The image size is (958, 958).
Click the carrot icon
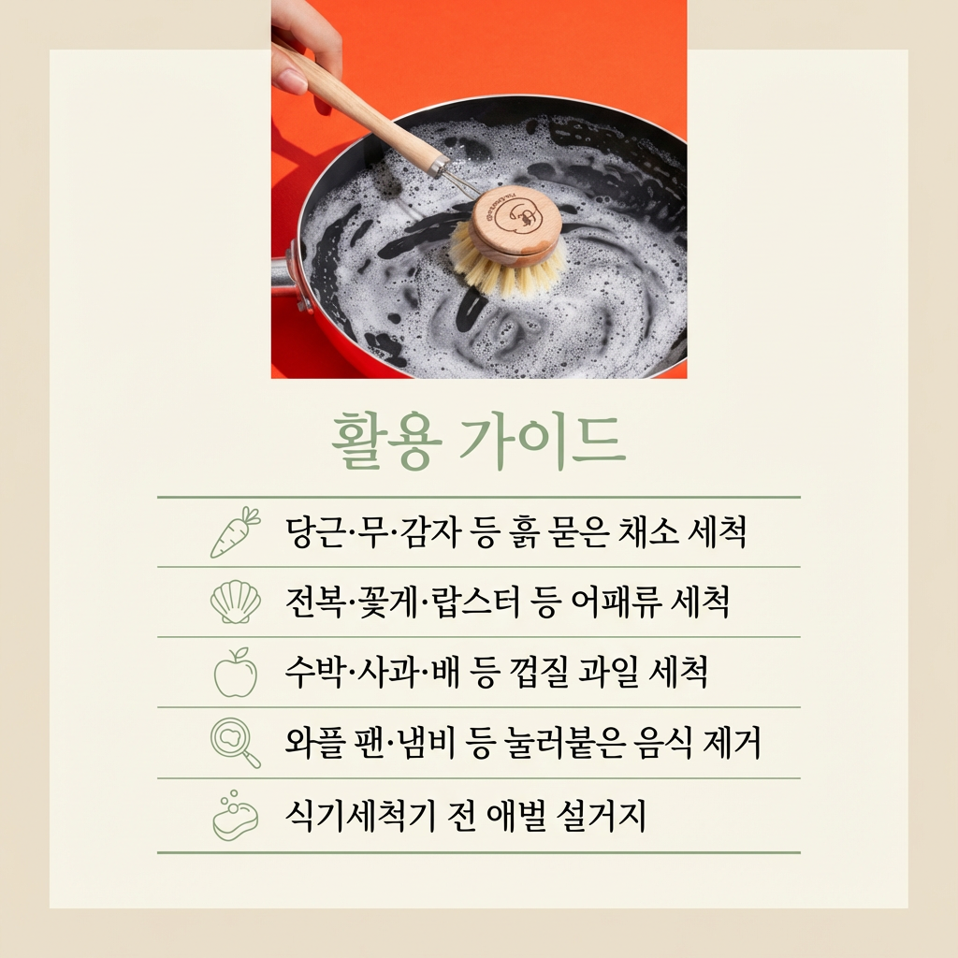point(235,532)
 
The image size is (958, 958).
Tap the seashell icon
point(235,602)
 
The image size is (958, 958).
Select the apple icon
point(235,672)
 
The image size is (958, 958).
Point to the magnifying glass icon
point(235,742)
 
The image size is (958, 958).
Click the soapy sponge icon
point(235,815)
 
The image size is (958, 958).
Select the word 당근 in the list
point(314,532)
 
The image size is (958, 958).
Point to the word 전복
point(315,602)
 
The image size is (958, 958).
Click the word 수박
point(314,672)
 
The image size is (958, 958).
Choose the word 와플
point(314,742)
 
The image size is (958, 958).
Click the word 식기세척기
point(360,815)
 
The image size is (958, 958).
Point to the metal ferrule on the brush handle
point(438,165)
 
